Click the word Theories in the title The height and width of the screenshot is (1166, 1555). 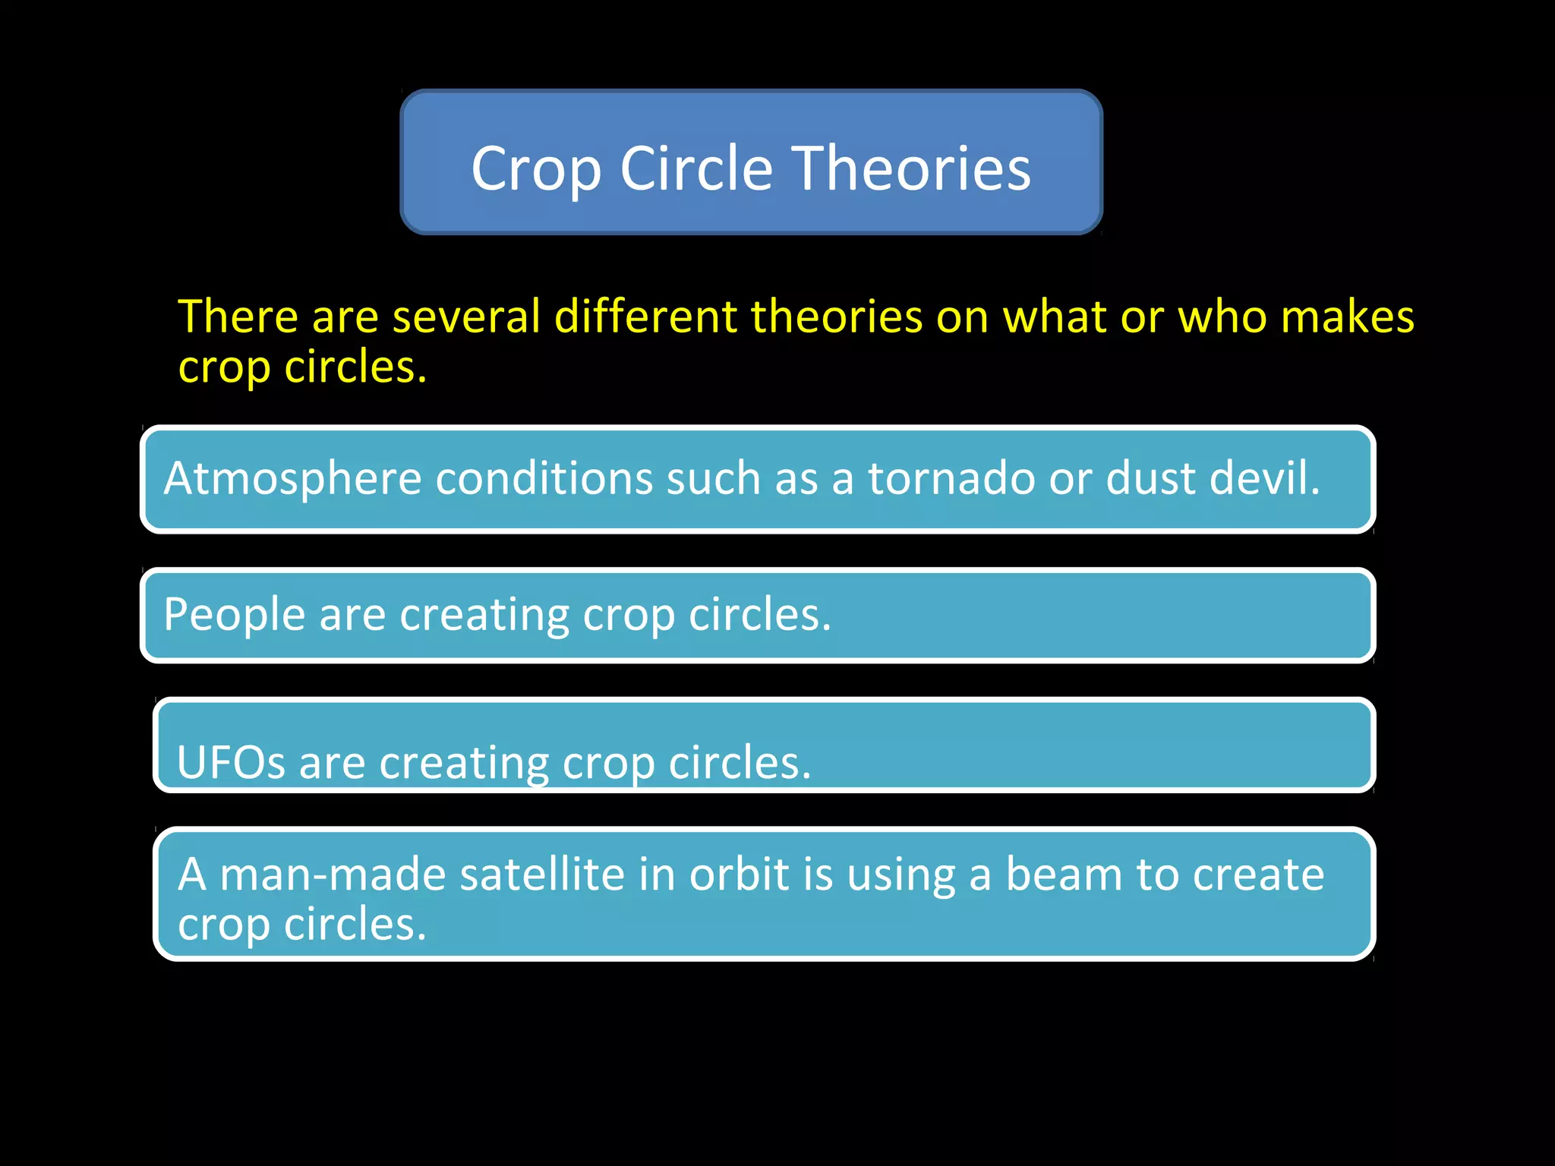coord(912,169)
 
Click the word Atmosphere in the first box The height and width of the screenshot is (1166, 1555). coord(292,480)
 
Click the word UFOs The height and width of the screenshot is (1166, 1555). coord(231,762)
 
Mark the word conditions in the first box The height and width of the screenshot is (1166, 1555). coord(544,478)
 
